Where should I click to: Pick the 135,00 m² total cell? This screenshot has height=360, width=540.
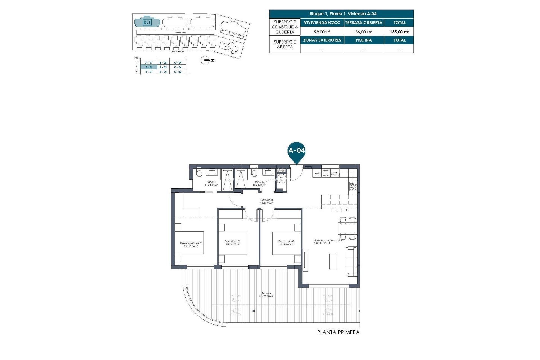click(x=399, y=32)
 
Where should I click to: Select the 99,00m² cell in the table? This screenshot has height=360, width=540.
click(x=322, y=32)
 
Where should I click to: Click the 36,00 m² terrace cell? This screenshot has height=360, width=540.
click(x=364, y=32)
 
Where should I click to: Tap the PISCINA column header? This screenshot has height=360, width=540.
click(x=364, y=40)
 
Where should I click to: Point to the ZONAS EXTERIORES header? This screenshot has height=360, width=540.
click(x=322, y=40)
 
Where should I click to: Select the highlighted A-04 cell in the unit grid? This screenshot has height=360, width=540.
click(x=149, y=67)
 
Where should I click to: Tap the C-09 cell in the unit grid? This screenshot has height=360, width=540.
click(x=178, y=62)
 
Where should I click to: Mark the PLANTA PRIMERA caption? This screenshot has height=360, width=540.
click(x=338, y=332)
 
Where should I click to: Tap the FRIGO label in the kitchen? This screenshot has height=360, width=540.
click(x=318, y=174)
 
